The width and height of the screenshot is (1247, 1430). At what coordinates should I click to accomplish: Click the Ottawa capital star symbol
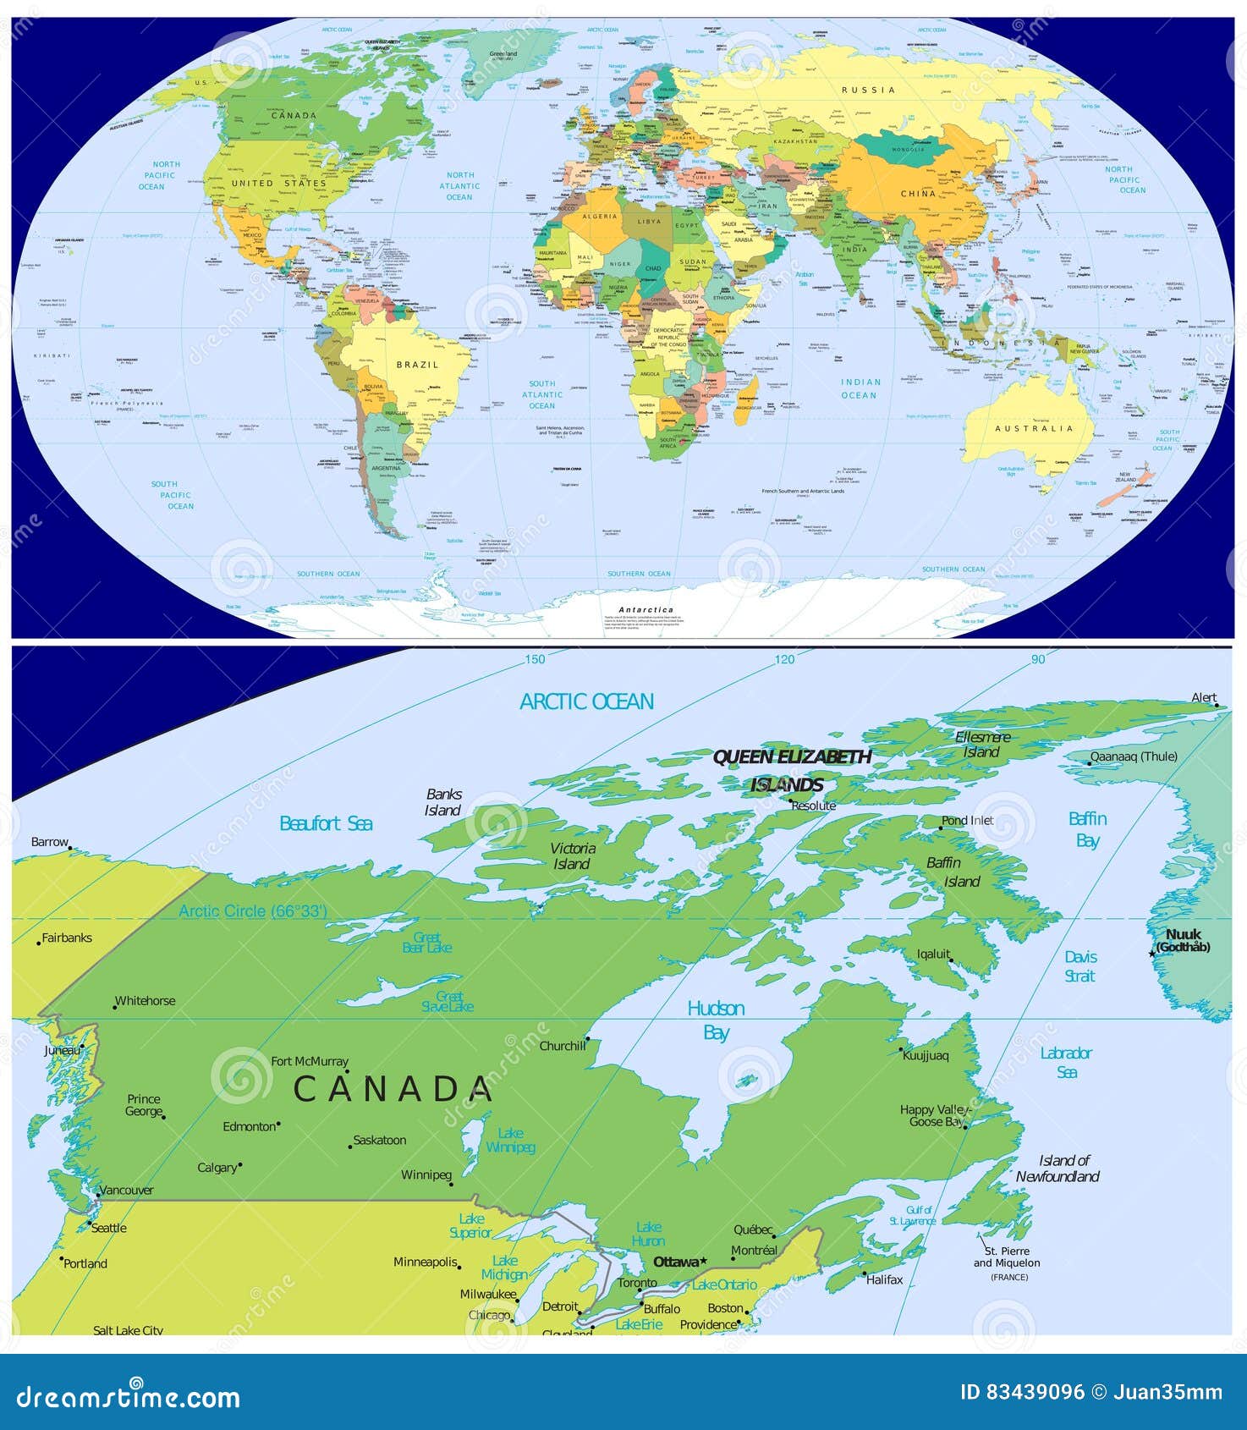[703, 1261]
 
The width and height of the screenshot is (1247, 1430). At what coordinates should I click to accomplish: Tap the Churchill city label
[563, 1046]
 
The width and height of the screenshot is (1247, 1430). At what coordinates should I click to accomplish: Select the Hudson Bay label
[716, 1020]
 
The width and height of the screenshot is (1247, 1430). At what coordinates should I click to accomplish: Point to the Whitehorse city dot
[115, 1007]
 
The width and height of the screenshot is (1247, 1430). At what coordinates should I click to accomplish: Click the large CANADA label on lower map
[393, 1089]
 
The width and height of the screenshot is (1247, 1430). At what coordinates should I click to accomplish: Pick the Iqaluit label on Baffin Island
[933, 954]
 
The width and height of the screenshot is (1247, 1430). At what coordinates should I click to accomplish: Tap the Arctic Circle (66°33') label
[253, 911]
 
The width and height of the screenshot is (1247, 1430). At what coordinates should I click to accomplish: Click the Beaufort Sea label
[326, 823]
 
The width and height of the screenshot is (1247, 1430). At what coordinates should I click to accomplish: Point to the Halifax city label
[884, 1279]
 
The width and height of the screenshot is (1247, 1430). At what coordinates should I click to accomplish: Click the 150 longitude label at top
[535, 659]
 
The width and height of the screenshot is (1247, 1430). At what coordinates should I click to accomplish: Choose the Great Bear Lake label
[427, 943]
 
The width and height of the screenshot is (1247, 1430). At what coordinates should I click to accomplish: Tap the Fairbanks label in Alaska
[67, 938]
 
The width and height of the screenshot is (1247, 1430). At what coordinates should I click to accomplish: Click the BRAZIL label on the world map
[417, 365]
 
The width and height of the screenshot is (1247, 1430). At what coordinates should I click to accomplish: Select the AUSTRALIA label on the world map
[1034, 429]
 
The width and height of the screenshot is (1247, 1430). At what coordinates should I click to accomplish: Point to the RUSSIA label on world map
[868, 90]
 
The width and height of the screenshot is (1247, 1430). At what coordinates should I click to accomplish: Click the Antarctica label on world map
[646, 609]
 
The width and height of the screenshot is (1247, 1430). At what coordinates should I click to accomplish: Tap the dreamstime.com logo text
[129, 1396]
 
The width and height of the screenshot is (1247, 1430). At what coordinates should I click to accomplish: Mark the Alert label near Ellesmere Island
[1203, 698]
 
